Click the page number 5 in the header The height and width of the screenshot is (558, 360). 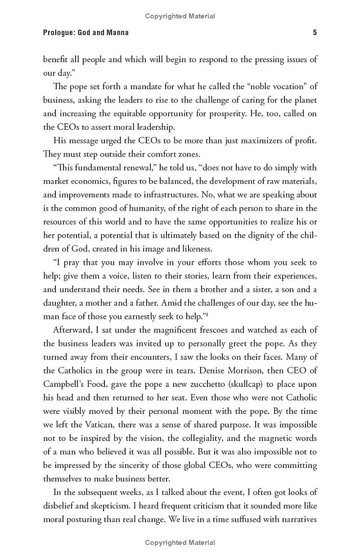[315, 32]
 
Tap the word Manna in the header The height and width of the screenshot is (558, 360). [117, 32]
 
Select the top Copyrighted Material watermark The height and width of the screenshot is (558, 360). [180, 16]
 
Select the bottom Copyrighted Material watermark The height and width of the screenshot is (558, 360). [180, 543]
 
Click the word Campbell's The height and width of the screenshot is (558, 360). [63, 384]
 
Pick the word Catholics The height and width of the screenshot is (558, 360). [76, 371]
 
